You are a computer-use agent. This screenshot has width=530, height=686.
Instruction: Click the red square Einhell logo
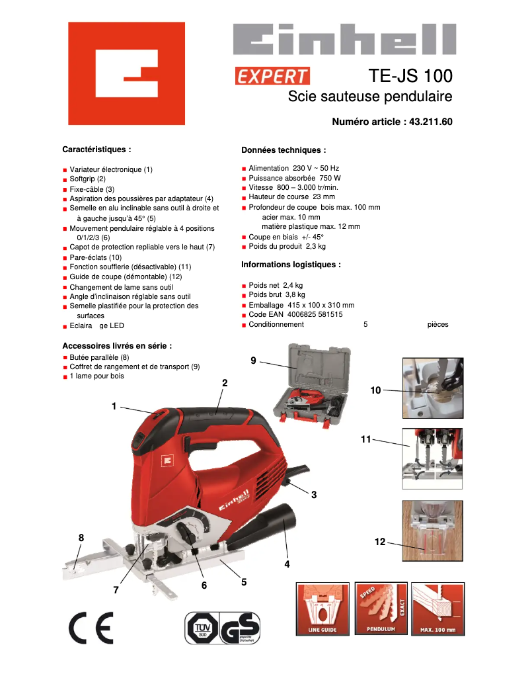pyautogui.click(x=122, y=73)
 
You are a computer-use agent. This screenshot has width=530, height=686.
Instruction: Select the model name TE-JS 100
pyautogui.click(x=410, y=75)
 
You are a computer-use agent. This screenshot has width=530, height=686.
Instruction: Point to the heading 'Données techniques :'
pyautogui.click(x=284, y=150)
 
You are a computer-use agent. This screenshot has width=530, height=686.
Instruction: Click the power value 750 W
pyautogui.click(x=330, y=178)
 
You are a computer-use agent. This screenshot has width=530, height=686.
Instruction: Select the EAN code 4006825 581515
pyautogui.click(x=314, y=315)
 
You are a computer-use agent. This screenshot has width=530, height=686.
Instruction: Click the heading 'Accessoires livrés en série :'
pyautogui.click(x=117, y=345)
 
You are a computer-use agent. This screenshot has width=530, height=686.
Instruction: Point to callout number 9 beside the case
pyautogui.click(x=253, y=360)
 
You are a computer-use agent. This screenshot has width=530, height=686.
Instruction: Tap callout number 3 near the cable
pyautogui.click(x=314, y=494)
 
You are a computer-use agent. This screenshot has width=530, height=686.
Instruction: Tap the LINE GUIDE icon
pyautogui.click(x=322, y=609)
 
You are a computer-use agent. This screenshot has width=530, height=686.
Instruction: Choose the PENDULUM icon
pyautogui.click(x=381, y=608)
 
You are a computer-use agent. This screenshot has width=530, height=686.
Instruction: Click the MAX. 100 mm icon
pyautogui.click(x=437, y=609)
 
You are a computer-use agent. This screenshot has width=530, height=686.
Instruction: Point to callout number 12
pyautogui.click(x=379, y=542)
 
